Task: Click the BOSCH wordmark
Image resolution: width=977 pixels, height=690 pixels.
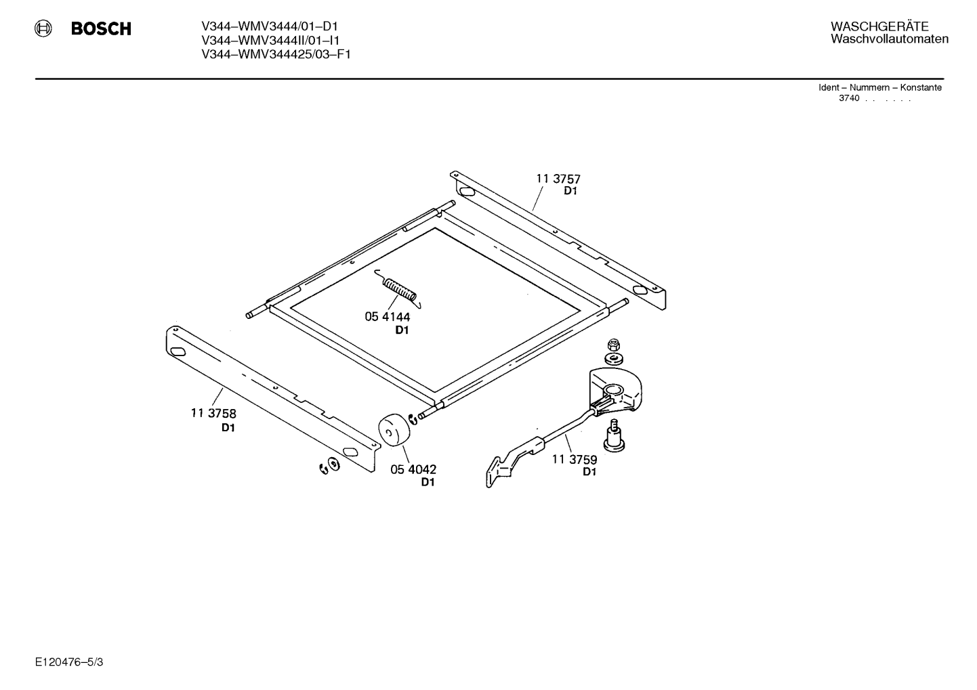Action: tap(101, 28)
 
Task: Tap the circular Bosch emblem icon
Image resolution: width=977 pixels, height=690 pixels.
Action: tap(43, 28)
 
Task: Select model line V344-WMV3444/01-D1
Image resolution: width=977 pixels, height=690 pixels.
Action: tap(270, 26)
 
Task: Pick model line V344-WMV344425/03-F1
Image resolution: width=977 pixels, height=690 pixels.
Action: tap(276, 54)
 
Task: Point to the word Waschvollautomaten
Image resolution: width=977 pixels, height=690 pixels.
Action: tap(890, 39)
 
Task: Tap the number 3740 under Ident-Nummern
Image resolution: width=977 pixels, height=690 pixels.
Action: tap(849, 98)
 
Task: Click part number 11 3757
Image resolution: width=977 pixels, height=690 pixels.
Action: tap(558, 179)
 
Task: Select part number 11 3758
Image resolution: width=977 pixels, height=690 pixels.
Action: tap(213, 413)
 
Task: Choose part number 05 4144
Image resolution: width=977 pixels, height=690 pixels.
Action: tap(388, 317)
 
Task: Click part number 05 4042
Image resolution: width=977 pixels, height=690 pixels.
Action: tap(413, 469)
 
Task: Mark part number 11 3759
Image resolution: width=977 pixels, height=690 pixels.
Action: tap(575, 459)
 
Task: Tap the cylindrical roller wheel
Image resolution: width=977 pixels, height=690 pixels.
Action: tap(394, 430)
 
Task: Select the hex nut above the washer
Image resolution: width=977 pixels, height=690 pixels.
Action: tap(614, 345)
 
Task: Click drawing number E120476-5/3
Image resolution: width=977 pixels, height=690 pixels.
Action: tap(69, 662)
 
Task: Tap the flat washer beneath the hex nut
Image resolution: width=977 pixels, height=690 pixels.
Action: tap(614, 360)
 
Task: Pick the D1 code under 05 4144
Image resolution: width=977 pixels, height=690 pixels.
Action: tap(402, 330)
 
